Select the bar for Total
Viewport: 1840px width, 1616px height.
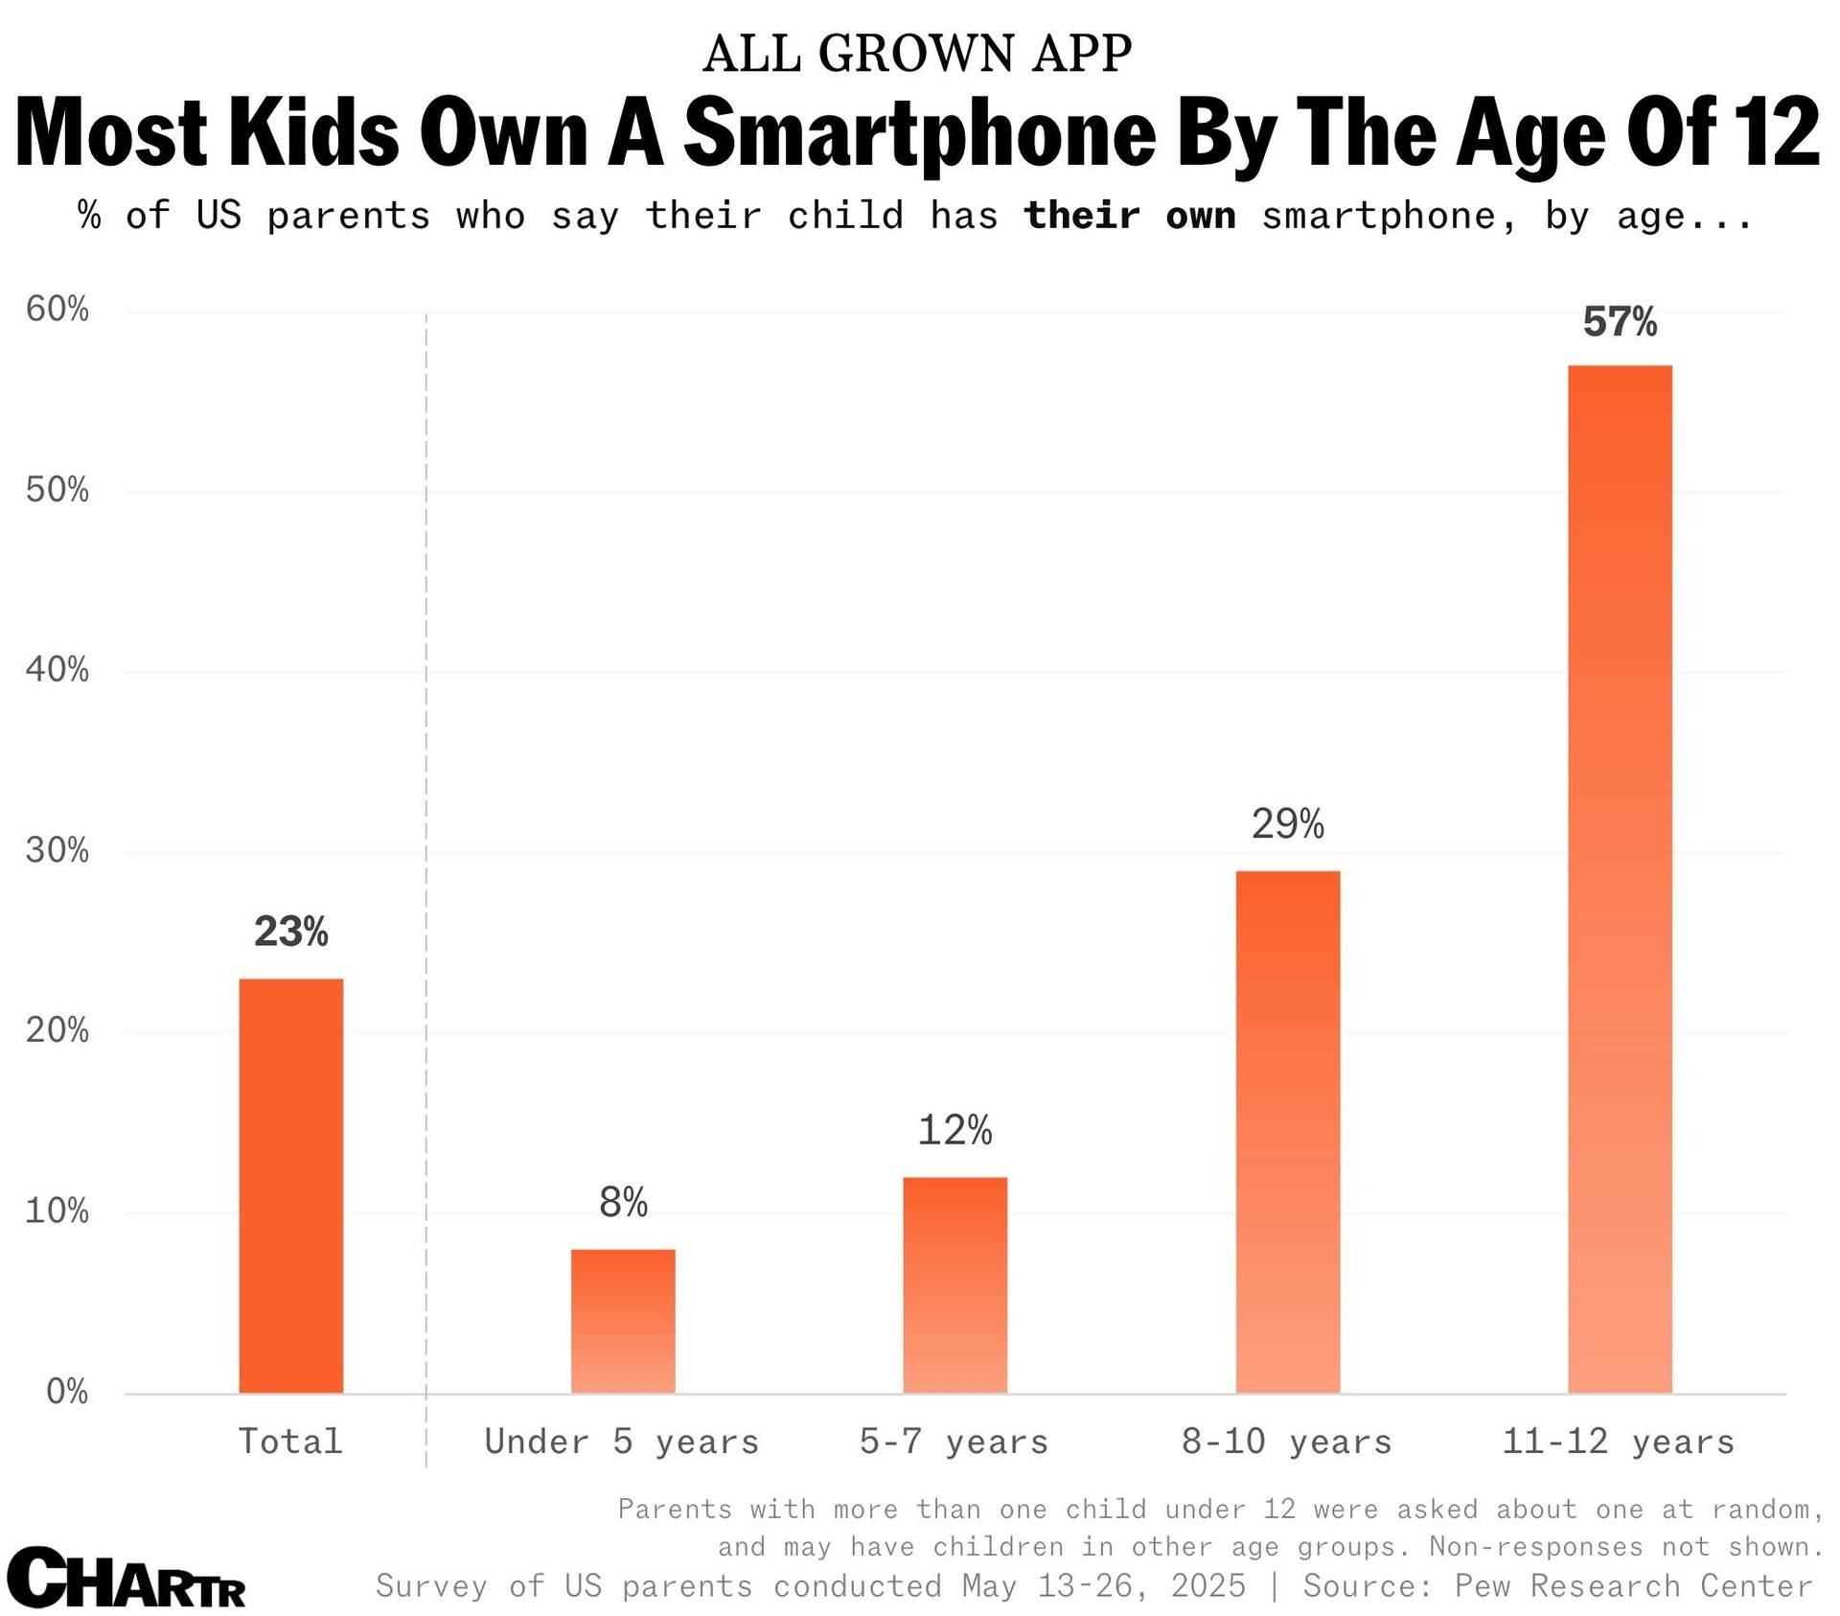point(290,1186)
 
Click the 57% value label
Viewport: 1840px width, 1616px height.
point(1620,322)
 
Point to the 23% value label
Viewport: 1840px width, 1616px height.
point(290,932)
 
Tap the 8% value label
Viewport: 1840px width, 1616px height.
point(623,1202)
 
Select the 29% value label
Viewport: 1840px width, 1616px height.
point(1287,824)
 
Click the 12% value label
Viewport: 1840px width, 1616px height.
point(954,1131)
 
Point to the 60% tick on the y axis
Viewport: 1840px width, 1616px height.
point(57,310)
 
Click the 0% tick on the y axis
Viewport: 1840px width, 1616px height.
point(67,1392)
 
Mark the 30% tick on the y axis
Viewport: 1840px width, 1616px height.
point(57,851)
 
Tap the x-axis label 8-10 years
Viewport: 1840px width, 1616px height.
point(1286,1442)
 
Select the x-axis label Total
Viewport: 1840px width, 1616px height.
point(290,1442)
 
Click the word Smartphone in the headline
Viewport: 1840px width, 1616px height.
point(920,134)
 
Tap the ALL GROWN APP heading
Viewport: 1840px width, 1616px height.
point(917,54)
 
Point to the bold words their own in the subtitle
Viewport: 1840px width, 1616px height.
point(1130,216)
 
